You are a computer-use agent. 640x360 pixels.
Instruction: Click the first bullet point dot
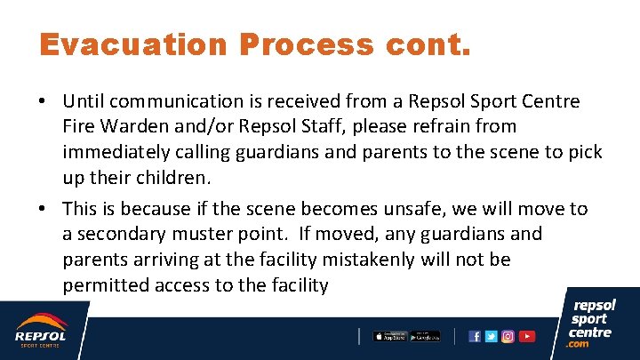click(x=43, y=102)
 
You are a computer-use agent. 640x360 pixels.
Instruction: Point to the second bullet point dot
click(x=43, y=210)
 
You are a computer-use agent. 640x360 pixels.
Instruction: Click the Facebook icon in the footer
click(x=475, y=336)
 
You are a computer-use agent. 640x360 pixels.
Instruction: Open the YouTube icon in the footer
click(x=527, y=336)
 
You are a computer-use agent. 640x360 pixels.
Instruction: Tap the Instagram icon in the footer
click(x=508, y=336)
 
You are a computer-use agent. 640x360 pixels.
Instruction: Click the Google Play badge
click(x=424, y=336)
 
